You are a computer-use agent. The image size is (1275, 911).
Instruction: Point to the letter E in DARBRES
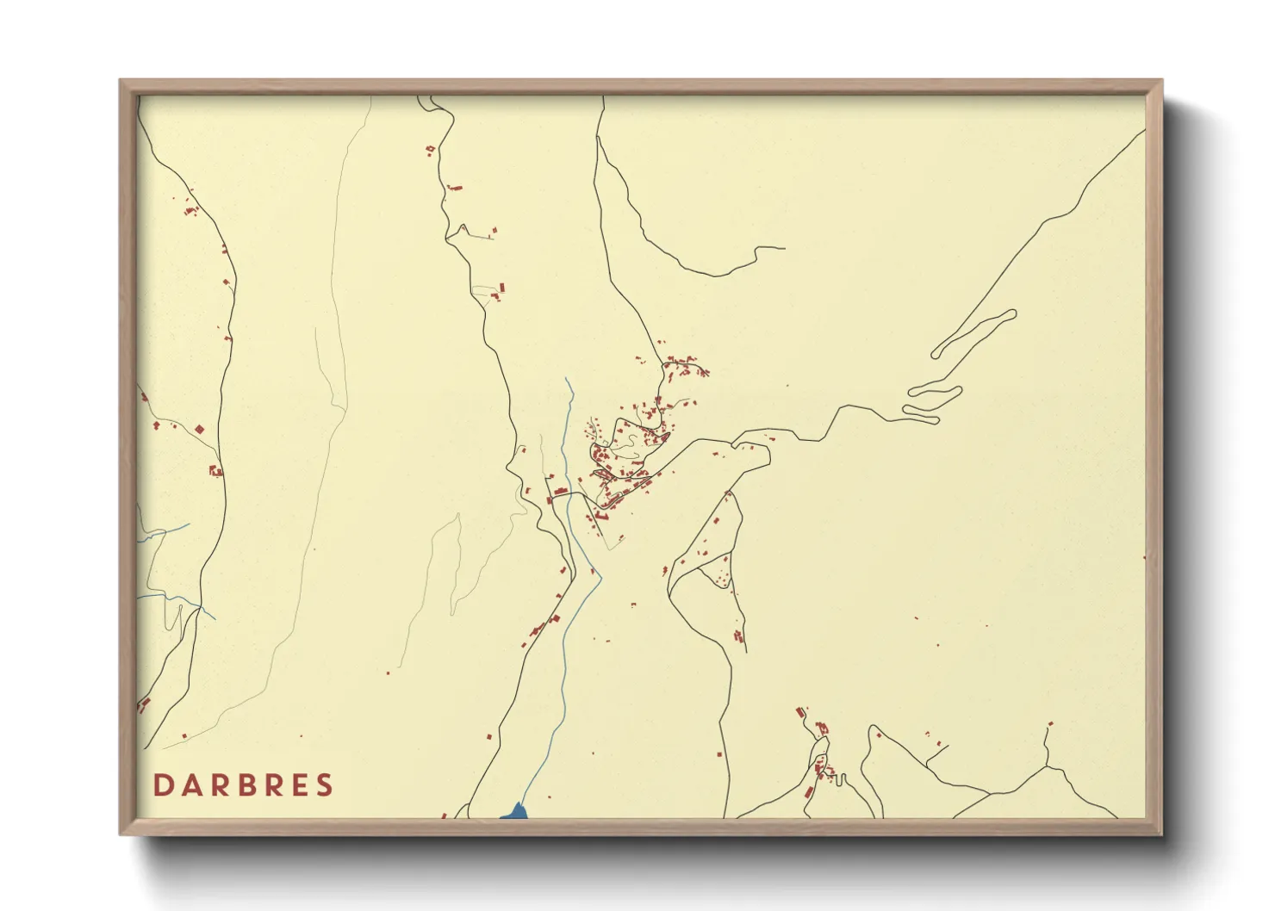pyautogui.click(x=298, y=785)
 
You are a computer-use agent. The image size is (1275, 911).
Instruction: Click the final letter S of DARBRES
pyautogui.click(x=325, y=785)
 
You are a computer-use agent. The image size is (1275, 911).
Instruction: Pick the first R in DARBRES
pyautogui.click(x=218, y=785)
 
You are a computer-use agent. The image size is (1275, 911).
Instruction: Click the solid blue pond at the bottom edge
pyautogui.click(x=515, y=811)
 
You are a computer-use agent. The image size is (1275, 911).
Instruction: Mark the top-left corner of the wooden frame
pyautogui.click(x=121, y=81)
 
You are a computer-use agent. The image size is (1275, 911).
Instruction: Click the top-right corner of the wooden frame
pyautogui.click(x=1162, y=81)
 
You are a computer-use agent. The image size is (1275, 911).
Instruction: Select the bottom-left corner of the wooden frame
pyautogui.click(x=121, y=834)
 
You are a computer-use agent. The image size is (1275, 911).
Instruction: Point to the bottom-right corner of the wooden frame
pyautogui.click(x=1162, y=834)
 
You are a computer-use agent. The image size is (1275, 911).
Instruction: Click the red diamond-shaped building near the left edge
pyautogui.click(x=199, y=429)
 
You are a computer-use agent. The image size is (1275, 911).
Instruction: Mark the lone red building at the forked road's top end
pyautogui.click(x=1049, y=725)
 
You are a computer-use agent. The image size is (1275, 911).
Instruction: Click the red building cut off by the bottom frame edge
pyautogui.click(x=444, y=815)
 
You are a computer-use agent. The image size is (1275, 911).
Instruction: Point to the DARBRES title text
pyautogui.click(x=244, y=785)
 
